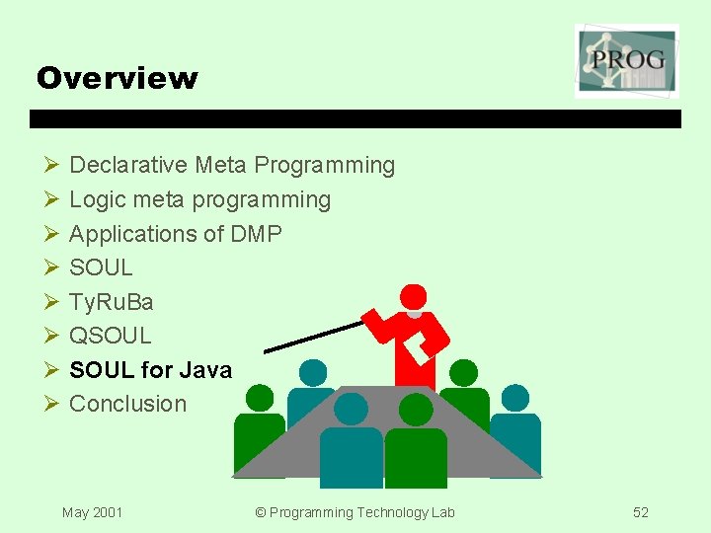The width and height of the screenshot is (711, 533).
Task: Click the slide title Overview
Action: coord(117,78)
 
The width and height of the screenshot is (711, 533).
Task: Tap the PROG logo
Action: coord(627,61)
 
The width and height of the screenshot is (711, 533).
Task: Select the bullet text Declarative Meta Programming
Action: coord(232,165)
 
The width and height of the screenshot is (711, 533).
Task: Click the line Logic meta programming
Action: coord(199,199)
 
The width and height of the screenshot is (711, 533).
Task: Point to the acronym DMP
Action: coord(256,234)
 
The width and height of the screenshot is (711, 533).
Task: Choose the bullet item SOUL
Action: coord(101,267)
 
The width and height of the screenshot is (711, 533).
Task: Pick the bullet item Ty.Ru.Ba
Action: coord(112,301)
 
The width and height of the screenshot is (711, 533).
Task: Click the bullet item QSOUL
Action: coord(111,336)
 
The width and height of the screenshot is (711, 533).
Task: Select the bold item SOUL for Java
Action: coord(150,370)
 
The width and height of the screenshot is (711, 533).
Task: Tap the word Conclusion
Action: coord(127,404)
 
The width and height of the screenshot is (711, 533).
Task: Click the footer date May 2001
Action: coord(92,512)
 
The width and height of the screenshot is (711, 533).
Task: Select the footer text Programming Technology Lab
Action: coord(355,512)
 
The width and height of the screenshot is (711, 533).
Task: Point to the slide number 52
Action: coord(641,512)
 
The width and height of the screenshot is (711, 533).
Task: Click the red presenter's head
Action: coord(413,296)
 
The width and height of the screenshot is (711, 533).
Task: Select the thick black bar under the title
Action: coord(355,118)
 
